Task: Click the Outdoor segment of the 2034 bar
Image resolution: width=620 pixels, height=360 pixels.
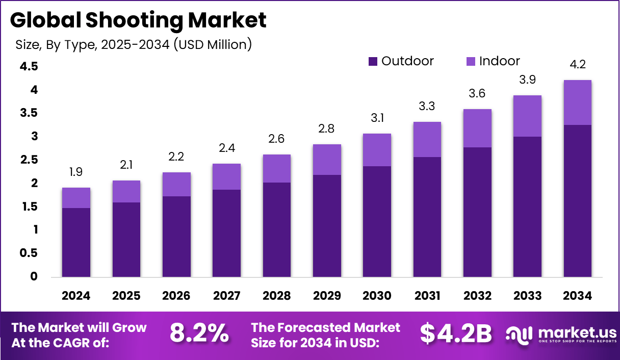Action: tap(577, 201)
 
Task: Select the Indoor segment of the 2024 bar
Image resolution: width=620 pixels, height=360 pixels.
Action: tap(76, 198)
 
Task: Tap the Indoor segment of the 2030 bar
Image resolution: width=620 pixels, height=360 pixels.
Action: tap(377, 150)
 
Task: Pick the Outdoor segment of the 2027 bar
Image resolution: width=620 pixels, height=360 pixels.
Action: tap(226, 234)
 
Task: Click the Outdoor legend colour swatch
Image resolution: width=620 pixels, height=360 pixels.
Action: tap(373, 62)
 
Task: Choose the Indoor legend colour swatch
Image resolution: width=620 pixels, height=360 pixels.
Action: tap(471, 62)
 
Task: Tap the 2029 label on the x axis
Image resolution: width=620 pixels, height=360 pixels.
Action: tap(327, 296)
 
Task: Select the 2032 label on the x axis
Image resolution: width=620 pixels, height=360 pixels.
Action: tap(477, 296)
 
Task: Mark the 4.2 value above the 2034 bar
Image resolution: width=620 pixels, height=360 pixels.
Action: tap(577, 65)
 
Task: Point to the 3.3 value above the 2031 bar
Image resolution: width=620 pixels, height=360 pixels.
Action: tap(427, 107)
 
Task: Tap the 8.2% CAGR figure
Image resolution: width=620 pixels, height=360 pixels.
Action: tap(199, 334)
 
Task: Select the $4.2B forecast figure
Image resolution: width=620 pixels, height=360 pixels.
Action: tap(456, 334)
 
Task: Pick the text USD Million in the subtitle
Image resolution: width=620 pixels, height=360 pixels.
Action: tap(212, 45)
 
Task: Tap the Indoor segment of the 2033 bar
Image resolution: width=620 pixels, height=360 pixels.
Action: tap(527, 116)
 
